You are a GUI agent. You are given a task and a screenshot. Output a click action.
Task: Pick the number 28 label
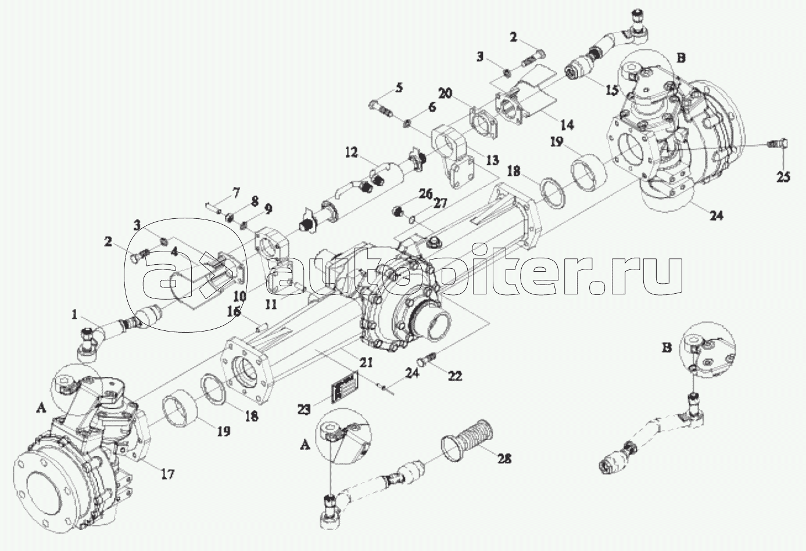(x=504, y=459)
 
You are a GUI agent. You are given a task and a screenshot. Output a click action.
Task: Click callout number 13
(x=493, y=159)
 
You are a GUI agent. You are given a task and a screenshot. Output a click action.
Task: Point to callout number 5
(x=399, y=88)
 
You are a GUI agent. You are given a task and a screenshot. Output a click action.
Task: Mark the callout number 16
(x=234, y=312)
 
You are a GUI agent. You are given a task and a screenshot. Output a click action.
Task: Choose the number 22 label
(x=454, y=376)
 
